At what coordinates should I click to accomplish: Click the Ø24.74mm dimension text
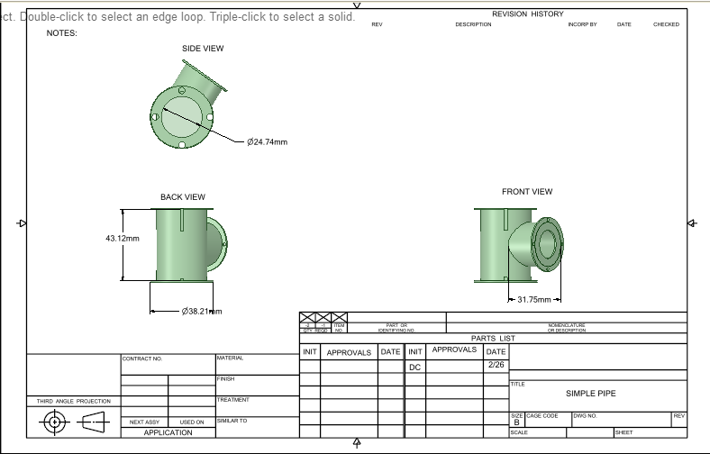268,141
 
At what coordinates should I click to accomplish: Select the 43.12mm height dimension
123,238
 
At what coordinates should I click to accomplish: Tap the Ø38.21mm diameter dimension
201,311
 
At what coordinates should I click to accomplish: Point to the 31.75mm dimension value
533,299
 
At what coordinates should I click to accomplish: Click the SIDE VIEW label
203,49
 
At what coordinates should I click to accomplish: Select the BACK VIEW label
183,196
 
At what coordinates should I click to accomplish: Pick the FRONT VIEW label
527,191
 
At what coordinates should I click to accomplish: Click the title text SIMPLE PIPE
590,394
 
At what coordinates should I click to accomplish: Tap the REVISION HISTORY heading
527,14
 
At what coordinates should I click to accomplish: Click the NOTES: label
62,33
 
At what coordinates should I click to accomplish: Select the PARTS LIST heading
493,338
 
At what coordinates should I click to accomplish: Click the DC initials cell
414,368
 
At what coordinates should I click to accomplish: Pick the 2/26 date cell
496,365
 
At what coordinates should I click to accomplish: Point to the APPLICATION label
168,432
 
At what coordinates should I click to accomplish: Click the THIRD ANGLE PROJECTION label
73,401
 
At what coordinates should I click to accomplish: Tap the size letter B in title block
516,422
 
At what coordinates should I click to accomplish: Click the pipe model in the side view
185,113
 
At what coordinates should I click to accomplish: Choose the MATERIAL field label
231,358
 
